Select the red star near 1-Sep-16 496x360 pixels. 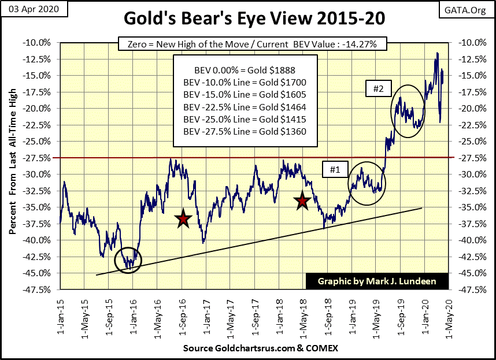[x=183, y=219]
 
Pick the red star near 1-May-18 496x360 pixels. [x=302, y=201]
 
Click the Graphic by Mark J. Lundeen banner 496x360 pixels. [x=376, y=281]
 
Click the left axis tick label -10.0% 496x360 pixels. [x=39, y=42]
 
